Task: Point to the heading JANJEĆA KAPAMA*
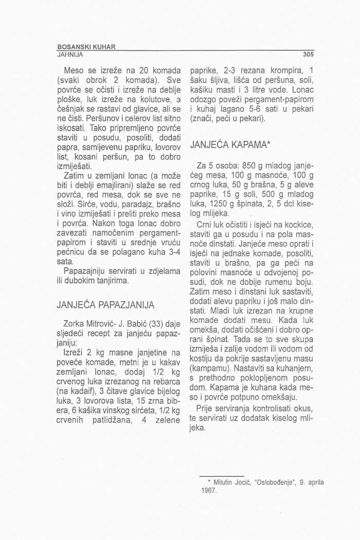224,146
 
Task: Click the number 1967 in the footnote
210,490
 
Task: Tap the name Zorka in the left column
74,324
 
